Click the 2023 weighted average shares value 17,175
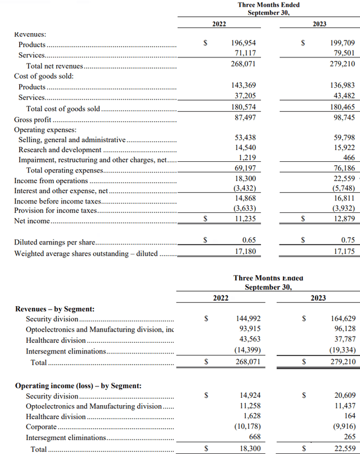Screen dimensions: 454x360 pyautogui.click(x=343, y=251)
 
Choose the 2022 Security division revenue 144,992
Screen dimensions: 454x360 pyautogui.click(x=245, y=319)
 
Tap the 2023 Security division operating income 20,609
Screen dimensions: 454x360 pyautogui.click(x=343, y=396)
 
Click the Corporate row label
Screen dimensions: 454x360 pyautogui.click(x=42, y=427)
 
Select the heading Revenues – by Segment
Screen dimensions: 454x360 pyautogui.click(x=55, y=309)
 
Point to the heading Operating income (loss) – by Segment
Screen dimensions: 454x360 pyautogui.click(x=78, y=386)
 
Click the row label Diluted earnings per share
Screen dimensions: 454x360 pyautogui.click(x=54, y=243)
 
